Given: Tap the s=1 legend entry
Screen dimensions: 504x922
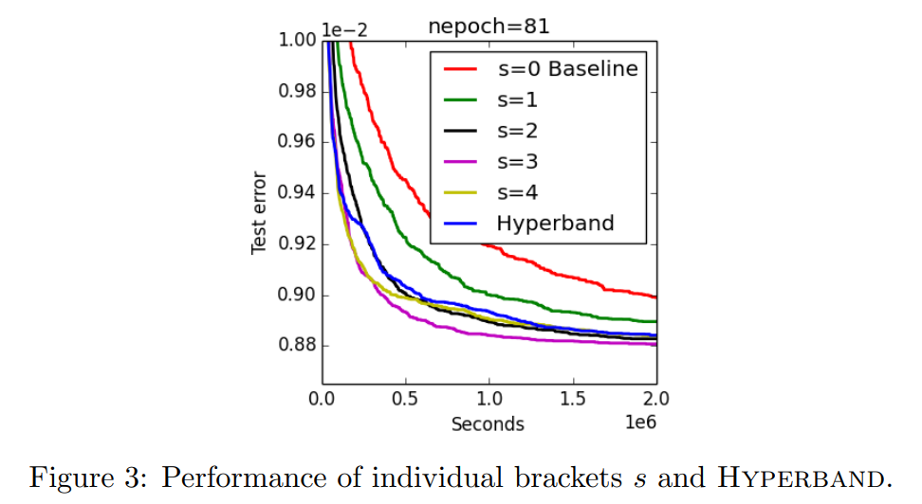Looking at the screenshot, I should (517, 99).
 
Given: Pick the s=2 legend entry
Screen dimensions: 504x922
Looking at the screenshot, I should (517, 131).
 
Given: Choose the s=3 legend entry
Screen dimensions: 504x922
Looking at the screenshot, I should (517, 162).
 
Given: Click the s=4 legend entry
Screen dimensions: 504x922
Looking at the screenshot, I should (517, 193).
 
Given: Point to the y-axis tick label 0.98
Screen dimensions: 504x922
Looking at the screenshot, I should (296, 92).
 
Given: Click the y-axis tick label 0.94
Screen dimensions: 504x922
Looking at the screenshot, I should (296, 194).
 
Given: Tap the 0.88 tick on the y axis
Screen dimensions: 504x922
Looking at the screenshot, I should (296, 347).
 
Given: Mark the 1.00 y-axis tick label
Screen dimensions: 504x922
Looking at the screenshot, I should (296, 41).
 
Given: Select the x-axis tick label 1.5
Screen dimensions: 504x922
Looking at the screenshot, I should (573, 399).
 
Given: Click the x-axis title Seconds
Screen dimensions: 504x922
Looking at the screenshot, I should (488, 423).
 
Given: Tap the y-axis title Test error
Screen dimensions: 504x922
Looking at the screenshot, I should (259, 214).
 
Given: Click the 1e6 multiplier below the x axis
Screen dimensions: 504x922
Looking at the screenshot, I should (640, 423).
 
